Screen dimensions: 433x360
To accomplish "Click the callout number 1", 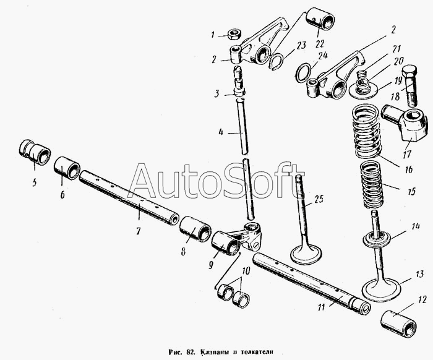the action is [213, 35].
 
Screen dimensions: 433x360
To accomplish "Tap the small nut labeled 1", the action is [234, 33].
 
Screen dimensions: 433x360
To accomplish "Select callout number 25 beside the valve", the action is [319, 199].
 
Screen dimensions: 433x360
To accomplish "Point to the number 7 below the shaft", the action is [138, 231].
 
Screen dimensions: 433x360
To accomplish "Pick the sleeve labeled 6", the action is [67, 168].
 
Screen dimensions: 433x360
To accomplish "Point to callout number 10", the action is [246, 270].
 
